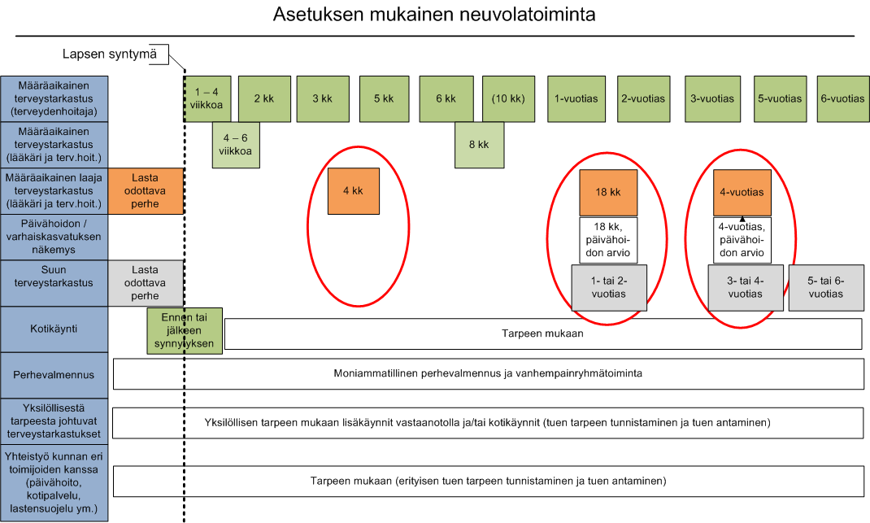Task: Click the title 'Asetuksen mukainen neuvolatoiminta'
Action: (434, 15)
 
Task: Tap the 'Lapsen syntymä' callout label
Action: (109, 54)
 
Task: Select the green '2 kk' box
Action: (265, 99)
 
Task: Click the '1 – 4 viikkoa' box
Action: (207, 99)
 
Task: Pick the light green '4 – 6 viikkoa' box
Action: (236, 145)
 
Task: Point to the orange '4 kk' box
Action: (354, 191)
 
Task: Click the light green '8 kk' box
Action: (480, 145)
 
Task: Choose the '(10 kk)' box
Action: (508, 99)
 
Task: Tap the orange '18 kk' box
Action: (608, 193)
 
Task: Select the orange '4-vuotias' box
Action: (742, 193)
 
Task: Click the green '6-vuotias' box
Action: (843, 99)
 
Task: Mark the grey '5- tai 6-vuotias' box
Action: (826, 288)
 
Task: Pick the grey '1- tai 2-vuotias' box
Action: (609, 288)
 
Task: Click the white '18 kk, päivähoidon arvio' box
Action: (608, 240)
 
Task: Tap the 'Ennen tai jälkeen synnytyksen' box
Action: (185, 331)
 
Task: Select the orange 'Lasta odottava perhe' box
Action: (146, 191)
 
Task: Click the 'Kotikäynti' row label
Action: (54, 329)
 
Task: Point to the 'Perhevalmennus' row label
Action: (54, 375)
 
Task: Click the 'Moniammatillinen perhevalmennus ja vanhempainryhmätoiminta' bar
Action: (489, 373)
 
